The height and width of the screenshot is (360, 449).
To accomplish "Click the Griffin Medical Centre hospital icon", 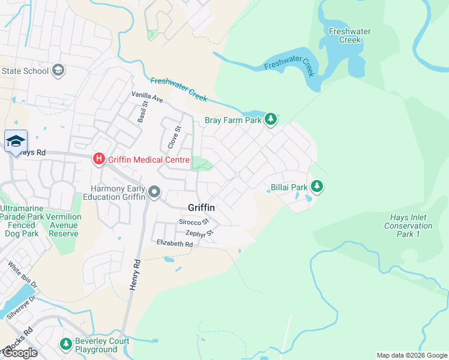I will (x=98, y=160).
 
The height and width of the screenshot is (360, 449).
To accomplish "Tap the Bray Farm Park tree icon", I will (x=271, y=119).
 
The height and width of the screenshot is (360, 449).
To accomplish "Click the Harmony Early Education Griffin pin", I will (x=154, y=192).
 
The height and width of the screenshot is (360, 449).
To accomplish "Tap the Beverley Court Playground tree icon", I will (x=65, y=344).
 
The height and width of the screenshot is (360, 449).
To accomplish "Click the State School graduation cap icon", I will (x=58, y=71).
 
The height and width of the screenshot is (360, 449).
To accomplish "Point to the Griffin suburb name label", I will (x=201, y=207).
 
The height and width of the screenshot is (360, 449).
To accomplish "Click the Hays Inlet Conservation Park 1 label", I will (x=408, y=226).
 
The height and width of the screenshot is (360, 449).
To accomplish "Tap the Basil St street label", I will (x=143, y=112).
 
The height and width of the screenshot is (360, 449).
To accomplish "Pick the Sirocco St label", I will (x=193, y=222).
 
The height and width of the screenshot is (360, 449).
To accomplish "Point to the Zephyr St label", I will (x=200, y=233).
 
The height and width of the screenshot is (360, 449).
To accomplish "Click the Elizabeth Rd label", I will (x=175, y=244).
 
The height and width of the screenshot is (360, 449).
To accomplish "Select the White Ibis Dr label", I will (x=22, y=274).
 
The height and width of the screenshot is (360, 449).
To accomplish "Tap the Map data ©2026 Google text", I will (x=412, y=355).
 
